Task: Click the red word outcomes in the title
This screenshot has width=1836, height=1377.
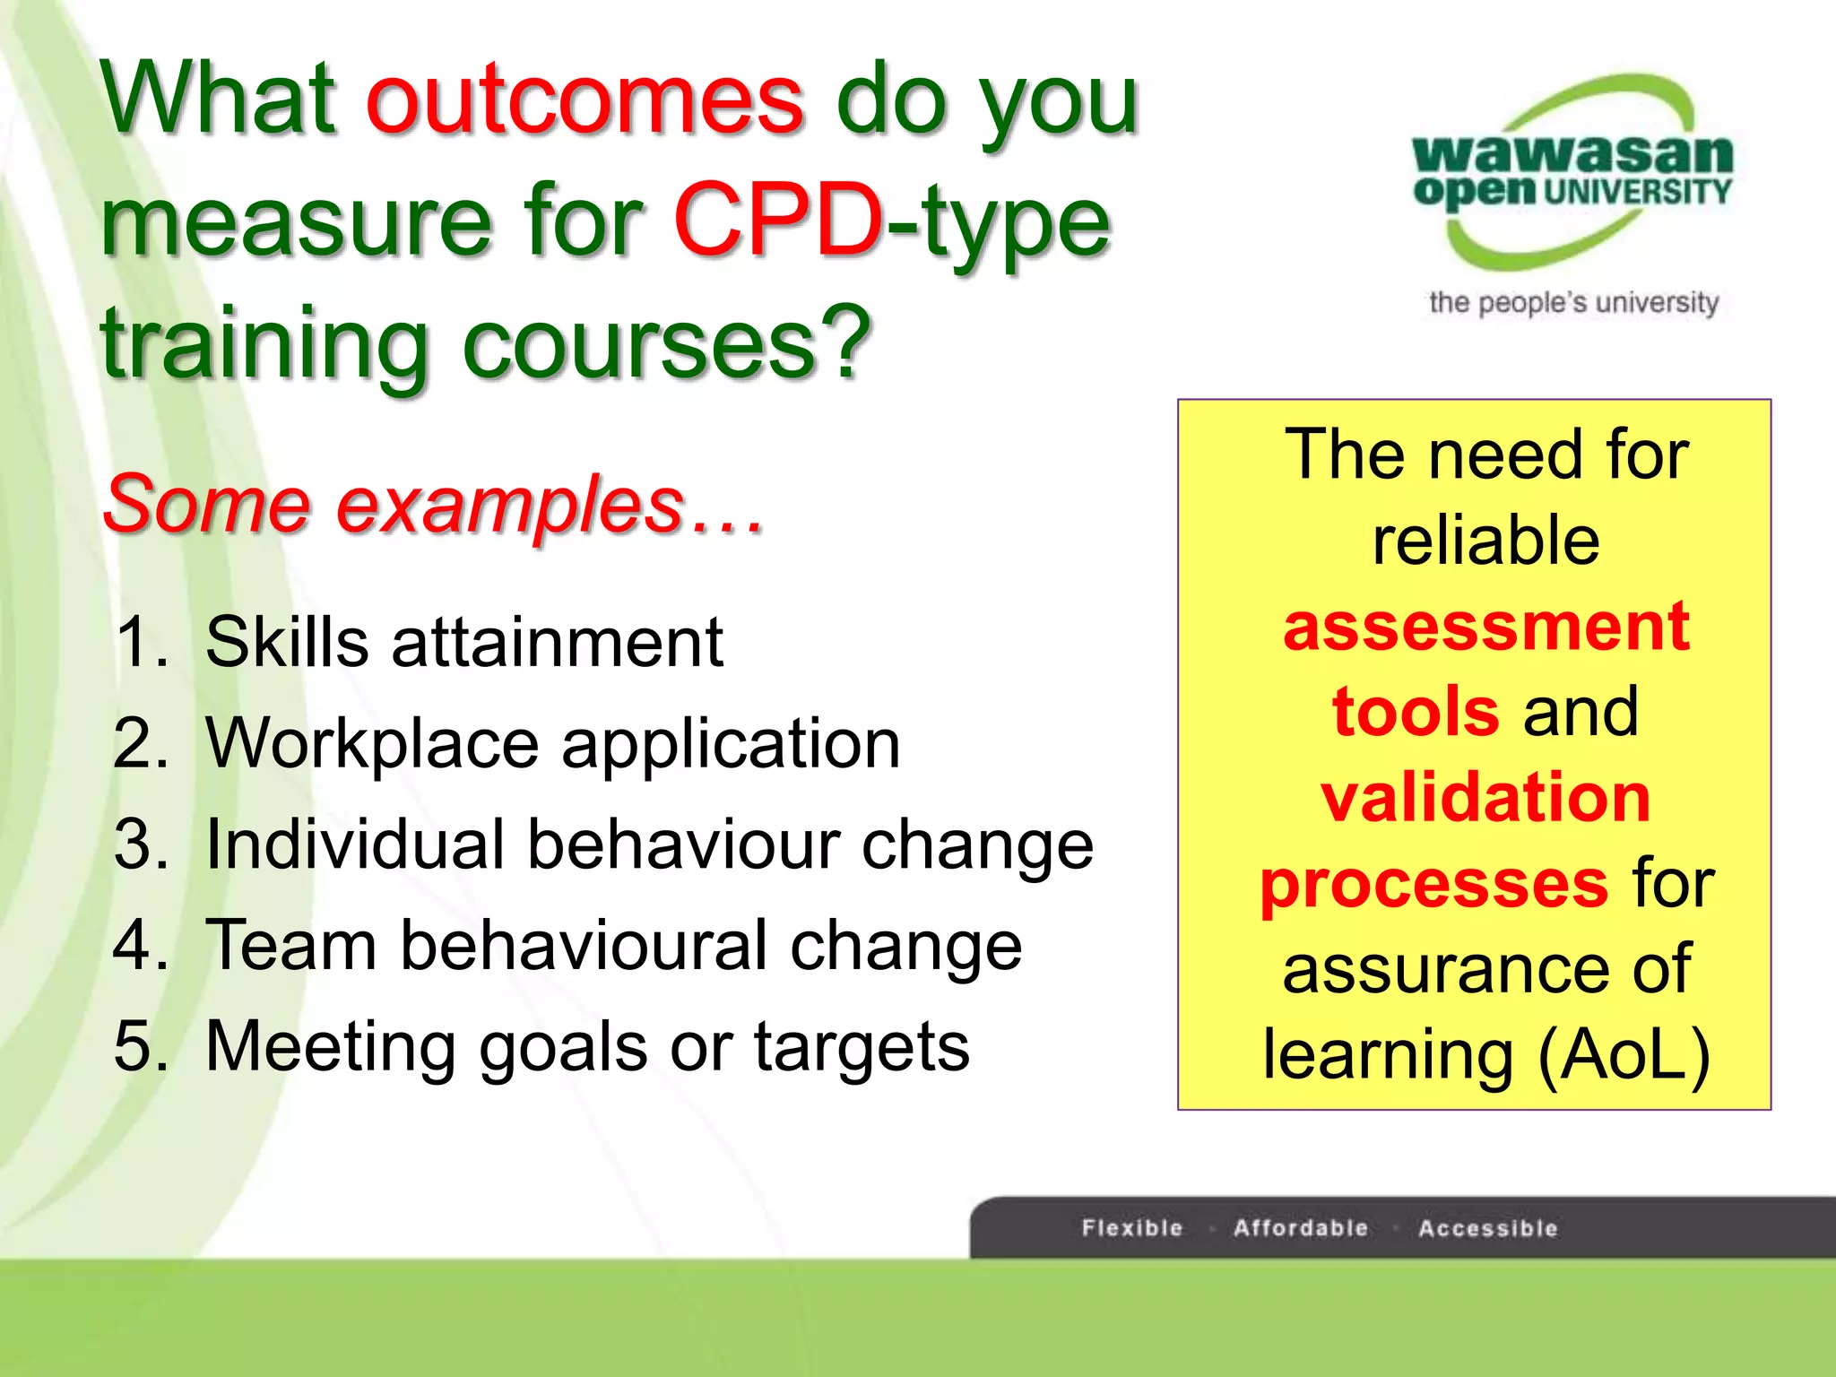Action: click(x=585, y=100)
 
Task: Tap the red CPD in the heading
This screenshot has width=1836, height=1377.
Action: click(x=778, y=221)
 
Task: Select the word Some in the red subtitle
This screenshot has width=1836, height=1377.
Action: click(x=206, y=504)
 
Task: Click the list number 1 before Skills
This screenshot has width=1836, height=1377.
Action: click(x=141, y=642)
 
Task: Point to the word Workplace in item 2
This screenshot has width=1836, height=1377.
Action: click(x=371, y=744)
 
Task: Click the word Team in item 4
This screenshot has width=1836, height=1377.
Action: click(x=291, y=946)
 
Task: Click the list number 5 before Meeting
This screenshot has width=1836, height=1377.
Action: click(x=141, y=1046)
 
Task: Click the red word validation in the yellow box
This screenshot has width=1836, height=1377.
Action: click(x=1485, y=797)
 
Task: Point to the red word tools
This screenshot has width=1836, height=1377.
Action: click(x=1416, y=712)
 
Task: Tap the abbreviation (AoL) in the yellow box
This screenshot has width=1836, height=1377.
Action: click(x=1624, y=1055)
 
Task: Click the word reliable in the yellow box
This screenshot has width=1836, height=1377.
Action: click(x=1485, y=541)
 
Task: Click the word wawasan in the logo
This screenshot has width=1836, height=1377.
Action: click(x=1572, y=154)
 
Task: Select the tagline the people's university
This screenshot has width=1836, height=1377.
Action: click(x=1573, y=303)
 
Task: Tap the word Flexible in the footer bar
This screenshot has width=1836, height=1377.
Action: click(x=1132, y=1228)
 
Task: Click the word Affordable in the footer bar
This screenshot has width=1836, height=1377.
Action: click(x=1301, y=1228)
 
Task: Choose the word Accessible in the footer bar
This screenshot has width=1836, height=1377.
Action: click(x=1488, y=1228)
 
